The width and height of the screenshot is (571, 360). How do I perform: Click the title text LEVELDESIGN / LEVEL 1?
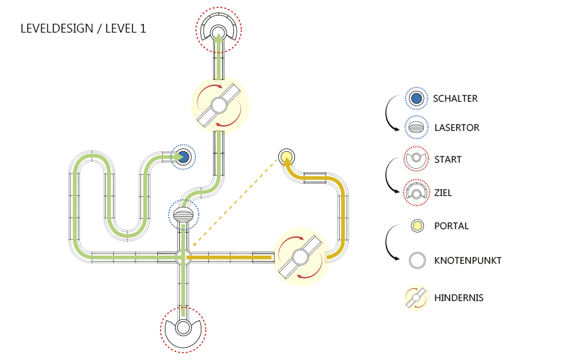[83, 29]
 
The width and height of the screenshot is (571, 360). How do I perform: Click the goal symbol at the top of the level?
[218, 30]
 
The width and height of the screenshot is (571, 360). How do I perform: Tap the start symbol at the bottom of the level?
[183, 329]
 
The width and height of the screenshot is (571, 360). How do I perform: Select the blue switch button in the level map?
[182, 157]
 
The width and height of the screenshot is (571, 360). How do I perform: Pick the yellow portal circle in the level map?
[285, 157]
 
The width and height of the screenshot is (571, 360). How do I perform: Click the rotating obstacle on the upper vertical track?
[219, 105]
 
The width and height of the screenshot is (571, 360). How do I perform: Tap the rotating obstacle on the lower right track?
[301, 257]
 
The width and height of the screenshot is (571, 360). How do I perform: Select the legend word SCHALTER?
[456, 99]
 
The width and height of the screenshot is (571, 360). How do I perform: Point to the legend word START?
[448, 160]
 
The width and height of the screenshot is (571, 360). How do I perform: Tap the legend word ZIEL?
[444, 193]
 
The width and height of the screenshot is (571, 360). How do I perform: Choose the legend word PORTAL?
[452, 226]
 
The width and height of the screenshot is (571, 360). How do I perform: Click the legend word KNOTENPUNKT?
[468, 260]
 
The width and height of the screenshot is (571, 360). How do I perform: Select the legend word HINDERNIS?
[458, 298]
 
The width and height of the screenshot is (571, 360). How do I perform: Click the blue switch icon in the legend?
[417, 99]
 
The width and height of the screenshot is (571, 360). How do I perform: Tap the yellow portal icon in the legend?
[417, 226]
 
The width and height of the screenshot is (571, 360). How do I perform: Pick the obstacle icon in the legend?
[417, 298]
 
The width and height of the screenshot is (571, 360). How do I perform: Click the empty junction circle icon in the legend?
[417, 260]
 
